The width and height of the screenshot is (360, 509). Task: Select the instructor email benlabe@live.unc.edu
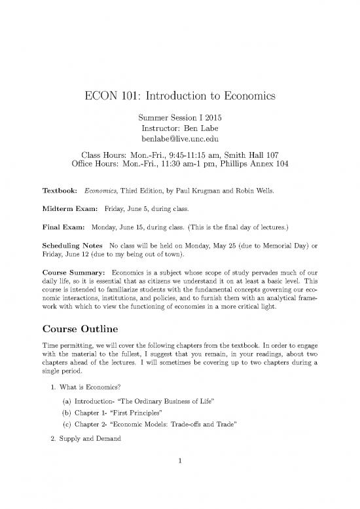coord(180,140)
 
